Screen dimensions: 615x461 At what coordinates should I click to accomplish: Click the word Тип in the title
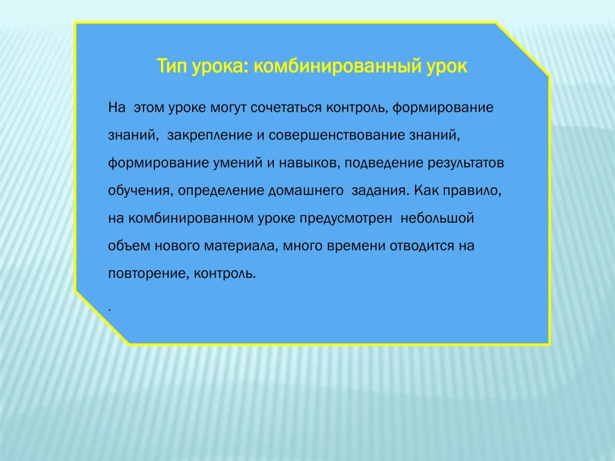tap(172, 66)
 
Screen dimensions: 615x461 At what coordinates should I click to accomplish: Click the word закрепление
tap(210, 135)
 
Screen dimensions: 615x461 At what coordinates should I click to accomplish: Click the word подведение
tap(384, 163)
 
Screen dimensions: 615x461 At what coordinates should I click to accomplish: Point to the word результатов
tap(465, 163)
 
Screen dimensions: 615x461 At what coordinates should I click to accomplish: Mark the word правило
tap(472, 191)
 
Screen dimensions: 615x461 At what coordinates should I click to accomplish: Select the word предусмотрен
tap(345, 218)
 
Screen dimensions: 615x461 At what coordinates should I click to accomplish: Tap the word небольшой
tap(437, 218)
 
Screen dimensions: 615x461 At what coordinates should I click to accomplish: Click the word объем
tap(129, 246)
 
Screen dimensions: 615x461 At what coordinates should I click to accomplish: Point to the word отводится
tap(422, 246)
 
